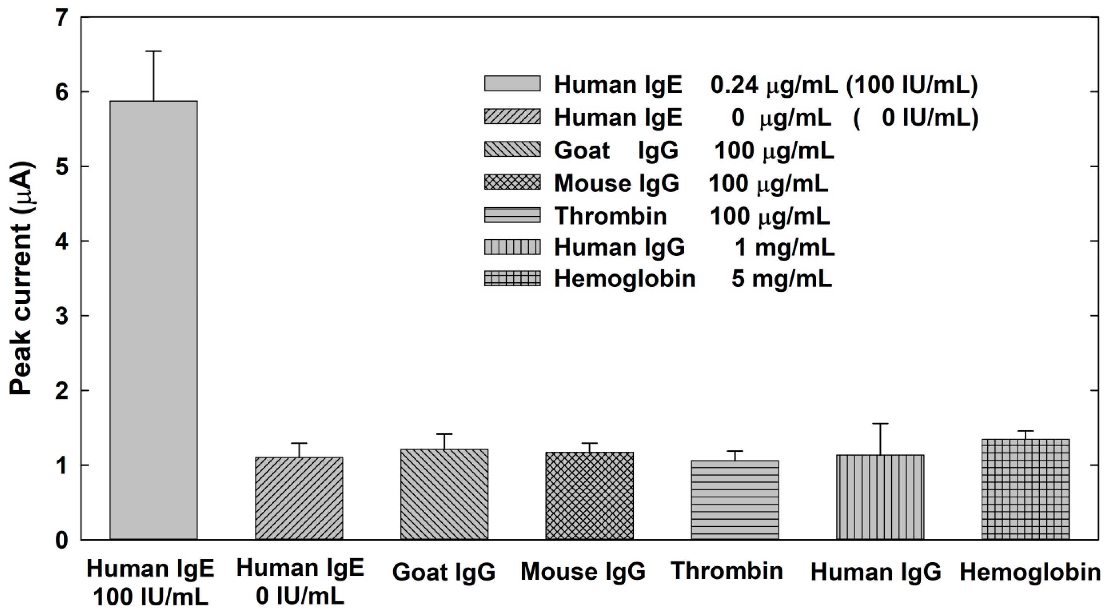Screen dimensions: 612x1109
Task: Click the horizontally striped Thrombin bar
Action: tap(735, 500)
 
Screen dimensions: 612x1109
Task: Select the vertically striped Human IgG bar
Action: tap(880, 497)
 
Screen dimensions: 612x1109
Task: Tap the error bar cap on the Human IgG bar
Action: tap(880, 424)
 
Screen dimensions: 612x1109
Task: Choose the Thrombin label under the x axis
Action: tap(727, 571)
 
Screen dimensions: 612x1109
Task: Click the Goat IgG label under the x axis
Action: tap(444, 572)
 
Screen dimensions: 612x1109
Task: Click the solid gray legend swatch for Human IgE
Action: tap(512, 83)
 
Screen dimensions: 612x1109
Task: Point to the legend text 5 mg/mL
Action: tap(781, 279)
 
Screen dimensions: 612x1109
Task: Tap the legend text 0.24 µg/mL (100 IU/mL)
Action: tap(844, 85)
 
